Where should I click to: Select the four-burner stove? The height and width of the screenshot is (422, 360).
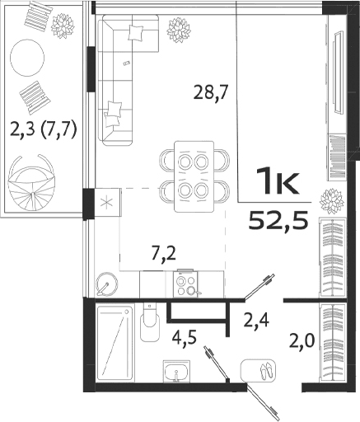coord(186,284)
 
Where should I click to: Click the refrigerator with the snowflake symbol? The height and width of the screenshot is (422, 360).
coord(106,201)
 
